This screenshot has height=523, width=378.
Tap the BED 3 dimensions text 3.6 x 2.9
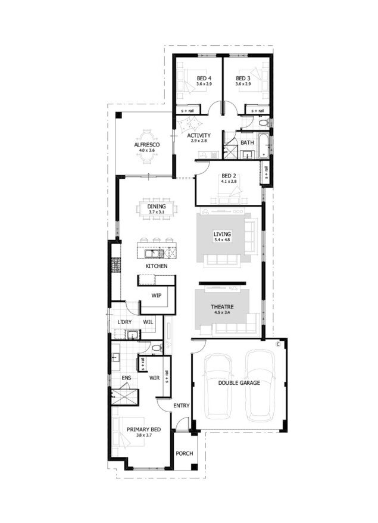243,84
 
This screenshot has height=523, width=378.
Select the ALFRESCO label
147,145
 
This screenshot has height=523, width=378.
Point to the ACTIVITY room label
199,135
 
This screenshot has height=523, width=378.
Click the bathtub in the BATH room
263,145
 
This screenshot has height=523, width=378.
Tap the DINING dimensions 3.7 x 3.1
157,212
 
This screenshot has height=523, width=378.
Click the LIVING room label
222,234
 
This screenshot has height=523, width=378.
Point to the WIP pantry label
157,295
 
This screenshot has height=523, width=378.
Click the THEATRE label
222,307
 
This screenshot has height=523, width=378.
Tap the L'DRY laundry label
124,322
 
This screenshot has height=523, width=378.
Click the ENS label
126,378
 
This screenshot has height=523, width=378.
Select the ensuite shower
124,397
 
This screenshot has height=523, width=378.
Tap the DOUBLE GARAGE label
239,383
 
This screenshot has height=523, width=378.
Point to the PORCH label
185,453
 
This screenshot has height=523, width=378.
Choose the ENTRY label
182,406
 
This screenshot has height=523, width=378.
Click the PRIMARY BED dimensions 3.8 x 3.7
143,435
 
